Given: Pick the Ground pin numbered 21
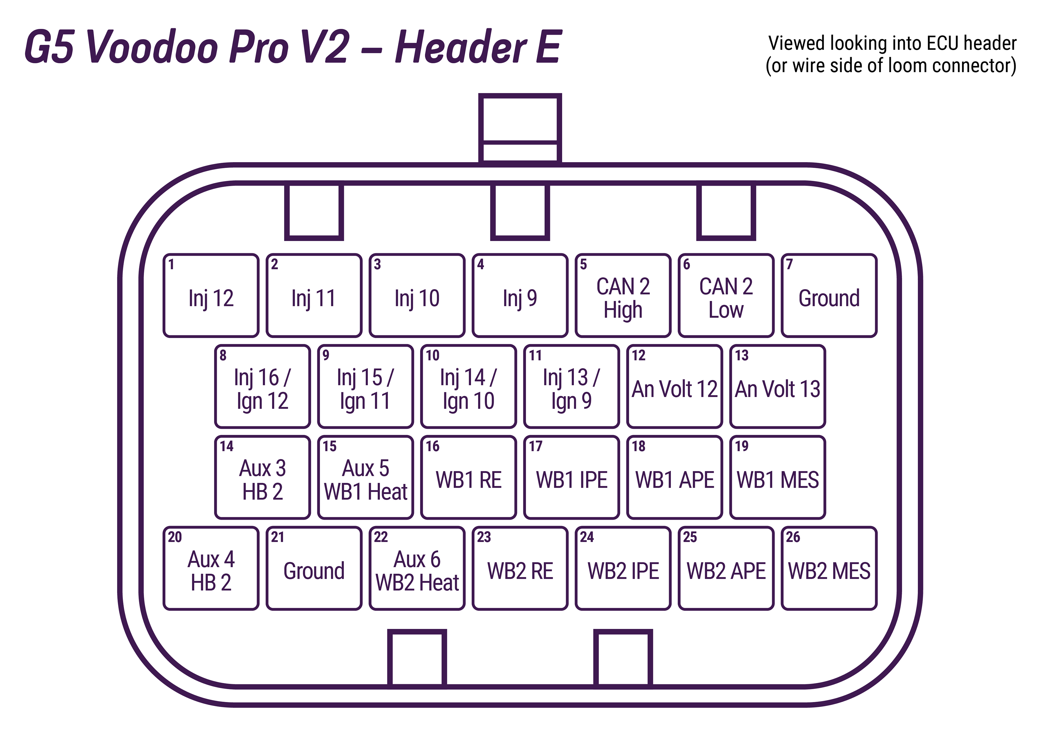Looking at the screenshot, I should pyautogui.click(x=314, y=569).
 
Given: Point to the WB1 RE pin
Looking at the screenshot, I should pyautogui.click(x=468, y=478).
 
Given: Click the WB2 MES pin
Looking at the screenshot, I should pyautogui.click(x=829, y=569).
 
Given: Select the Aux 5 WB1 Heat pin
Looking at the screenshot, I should pyautogui.click(x=366, y=478).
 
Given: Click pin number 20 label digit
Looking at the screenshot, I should pyautogui.click(x=175, y=537).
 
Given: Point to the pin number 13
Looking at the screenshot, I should pyautogui.click(x=742, y=355).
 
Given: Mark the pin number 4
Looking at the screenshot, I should pyautogui.click(x=481, y=264).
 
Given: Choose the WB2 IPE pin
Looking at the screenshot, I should pyautogui.click(x=623, y=569).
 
